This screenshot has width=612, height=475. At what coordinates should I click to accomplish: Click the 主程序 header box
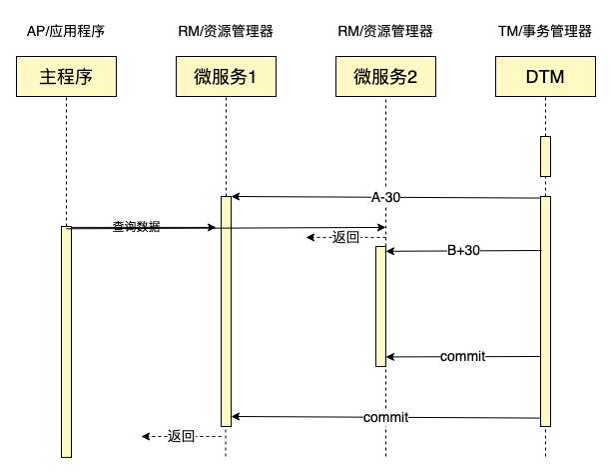tap(66, 76)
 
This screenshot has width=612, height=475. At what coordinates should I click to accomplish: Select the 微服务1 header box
tap(226, 76)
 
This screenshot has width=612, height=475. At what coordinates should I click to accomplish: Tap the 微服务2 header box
tap(385, 76)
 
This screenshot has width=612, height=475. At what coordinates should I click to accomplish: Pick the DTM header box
tap(545, 76)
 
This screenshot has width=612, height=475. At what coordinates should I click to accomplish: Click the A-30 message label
tap(385, 197)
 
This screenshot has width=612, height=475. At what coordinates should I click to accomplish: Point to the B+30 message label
tap(463, 250)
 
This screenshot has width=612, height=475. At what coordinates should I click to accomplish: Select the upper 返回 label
tap(345, 237)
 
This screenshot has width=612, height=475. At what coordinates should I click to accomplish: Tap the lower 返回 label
tap(181, 436)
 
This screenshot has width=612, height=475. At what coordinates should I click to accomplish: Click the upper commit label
tap(462, 356)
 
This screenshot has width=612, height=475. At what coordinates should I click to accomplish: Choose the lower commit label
tap(385, 416)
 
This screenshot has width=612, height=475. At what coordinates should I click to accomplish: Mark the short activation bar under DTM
tap(545, 156)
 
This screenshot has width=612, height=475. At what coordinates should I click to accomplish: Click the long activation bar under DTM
tap(545, 310)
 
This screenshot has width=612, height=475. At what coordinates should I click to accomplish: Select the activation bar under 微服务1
tap(226, 310)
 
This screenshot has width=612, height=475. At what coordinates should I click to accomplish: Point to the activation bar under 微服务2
tap(380, 306)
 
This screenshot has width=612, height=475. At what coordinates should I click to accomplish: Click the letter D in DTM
tap(529, 76)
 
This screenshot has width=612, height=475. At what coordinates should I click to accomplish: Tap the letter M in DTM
tap(560, 76)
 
